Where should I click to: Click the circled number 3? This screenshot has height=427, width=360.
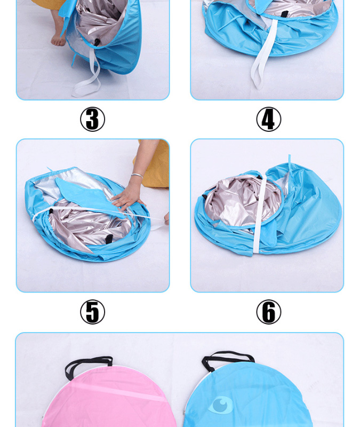pyautogui.click(x=92, y=119)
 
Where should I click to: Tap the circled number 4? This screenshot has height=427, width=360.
pyautogui.click(x=269, y=119)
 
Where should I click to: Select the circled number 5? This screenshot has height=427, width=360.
pyautogui.click(x=92, y=312)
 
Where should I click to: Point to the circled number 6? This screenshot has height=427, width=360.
pyautogui.click(x=269, y=312)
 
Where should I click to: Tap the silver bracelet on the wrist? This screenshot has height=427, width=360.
pyautogui.click(x=137, y=176)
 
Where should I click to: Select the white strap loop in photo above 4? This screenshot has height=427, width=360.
pyautogui.click(x=263, y=54)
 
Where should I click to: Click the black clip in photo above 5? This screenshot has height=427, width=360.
pyautogui.click(x=108, y=239)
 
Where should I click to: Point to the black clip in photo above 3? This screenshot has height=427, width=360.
pyautogui.click(x=97, y=42)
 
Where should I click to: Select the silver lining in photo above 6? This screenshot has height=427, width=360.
pyautogui.click(x=243, y=201)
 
